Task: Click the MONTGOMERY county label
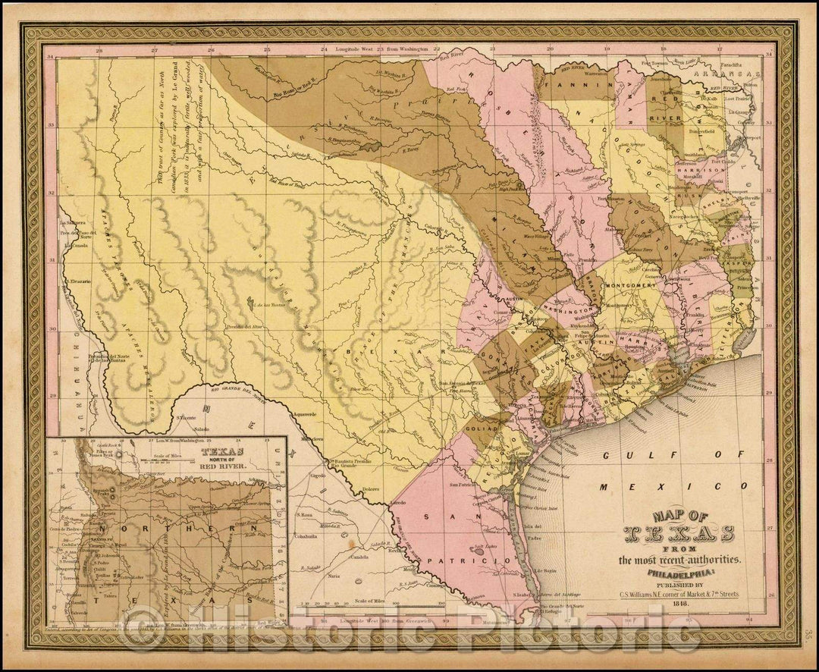pos(629,287)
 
